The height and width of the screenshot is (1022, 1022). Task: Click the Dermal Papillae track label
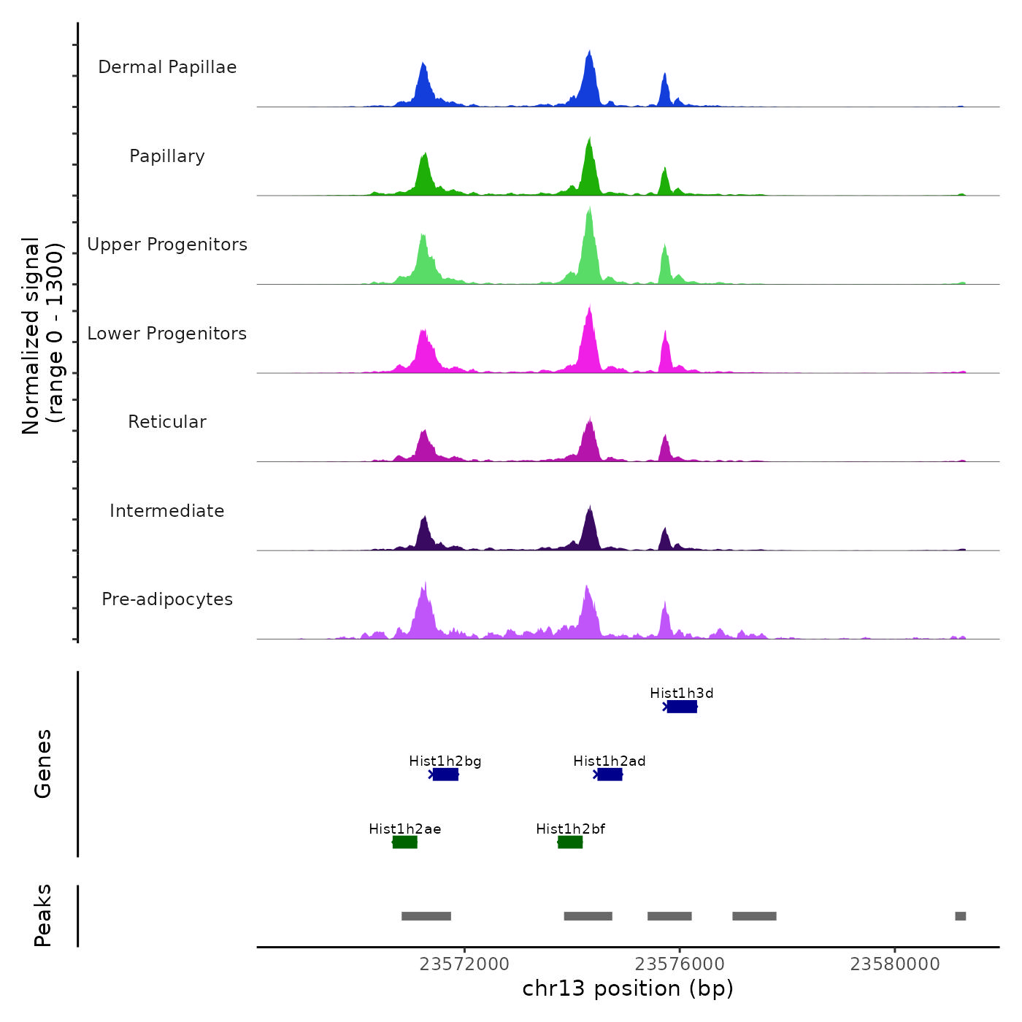tap(167, 67)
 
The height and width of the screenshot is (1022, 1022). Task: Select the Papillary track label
tap(167, 156)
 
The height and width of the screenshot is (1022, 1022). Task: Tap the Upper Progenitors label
tap(167, 245)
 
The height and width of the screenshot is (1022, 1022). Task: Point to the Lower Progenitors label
tap(167, 334)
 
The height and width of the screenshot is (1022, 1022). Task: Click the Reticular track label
tap(167, 422)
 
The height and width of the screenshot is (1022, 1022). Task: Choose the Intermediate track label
tap(167, 511)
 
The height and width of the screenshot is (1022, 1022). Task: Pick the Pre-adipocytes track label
tap(167, 599)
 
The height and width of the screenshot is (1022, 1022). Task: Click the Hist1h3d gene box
tap(682, 707)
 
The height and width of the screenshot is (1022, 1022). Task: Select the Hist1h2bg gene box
tap(445, 775)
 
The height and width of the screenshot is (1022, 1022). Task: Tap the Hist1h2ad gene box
tap(610, 775)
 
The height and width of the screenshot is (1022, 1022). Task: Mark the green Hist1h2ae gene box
tap(405, 842)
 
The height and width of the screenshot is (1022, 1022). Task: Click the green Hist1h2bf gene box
tap(570, 842)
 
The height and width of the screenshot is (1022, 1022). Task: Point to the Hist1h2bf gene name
tap(570, 829)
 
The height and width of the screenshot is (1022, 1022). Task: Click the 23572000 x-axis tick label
tap(464, 964)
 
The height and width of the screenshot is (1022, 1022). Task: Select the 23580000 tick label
tap(895, 964)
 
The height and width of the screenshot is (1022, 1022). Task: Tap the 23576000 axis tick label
tap(680, 964)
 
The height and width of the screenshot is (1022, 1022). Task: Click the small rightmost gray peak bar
tap(961, 916)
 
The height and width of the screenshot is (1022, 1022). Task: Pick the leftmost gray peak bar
tap(426, 916)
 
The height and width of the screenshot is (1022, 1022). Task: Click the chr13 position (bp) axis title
tap(628, 988)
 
